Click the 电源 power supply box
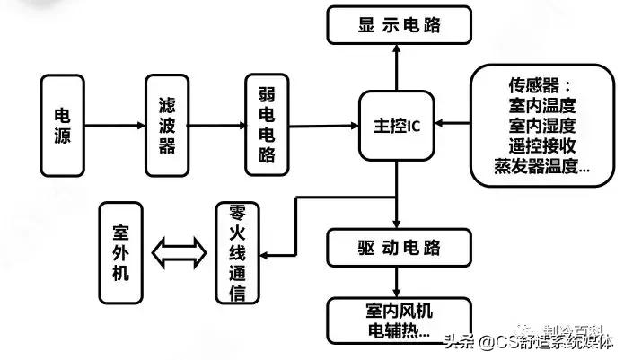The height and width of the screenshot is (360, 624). tap(64, 126)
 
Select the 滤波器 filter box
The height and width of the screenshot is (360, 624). tap(167, 126)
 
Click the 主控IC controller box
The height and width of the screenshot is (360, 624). tap(396, 126)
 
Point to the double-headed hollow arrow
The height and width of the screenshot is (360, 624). tap(177, 250)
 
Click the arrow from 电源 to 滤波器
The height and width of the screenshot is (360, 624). tap(114, 127)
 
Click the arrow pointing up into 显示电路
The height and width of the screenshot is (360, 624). tap(396, 67)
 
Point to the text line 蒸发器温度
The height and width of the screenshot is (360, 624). tap(541, 165)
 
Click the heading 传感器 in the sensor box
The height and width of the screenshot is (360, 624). tap(539, 85)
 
